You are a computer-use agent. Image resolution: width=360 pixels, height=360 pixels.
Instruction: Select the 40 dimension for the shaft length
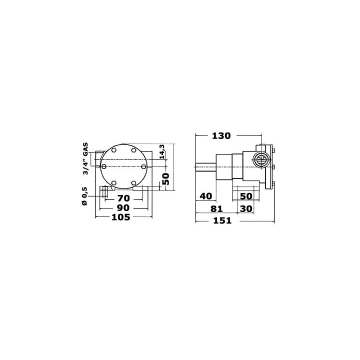click(x=205, y=195)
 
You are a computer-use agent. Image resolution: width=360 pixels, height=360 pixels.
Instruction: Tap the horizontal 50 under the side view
click(x=246, y=195)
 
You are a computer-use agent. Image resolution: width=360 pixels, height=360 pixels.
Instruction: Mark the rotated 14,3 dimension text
click(x=161, y=152)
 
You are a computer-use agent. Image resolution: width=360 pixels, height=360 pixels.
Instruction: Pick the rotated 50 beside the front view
click(x=166, y=177)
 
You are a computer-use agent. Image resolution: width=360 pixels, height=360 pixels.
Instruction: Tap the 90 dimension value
click(x=123, y=207)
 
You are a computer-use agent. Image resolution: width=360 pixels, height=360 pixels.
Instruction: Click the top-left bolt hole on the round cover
click(x=114, y=149)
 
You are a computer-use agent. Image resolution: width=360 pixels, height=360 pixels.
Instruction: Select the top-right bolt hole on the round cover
click(x=134, y=149)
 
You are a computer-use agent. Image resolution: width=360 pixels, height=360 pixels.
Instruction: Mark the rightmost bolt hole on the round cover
click(x=144, y=166)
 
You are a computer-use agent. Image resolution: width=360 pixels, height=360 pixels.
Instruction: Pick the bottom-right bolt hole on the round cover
click(x=134, y=183)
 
